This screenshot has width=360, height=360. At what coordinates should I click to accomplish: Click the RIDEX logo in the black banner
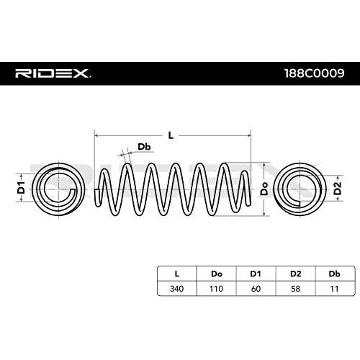click(53, 73)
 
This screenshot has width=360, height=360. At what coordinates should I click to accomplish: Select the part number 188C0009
click(315, 73)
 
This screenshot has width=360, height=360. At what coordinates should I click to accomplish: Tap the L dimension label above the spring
click(171, 136)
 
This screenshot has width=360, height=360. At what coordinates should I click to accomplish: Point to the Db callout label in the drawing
click(144, 147)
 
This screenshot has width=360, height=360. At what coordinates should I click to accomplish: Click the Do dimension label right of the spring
click(264, 189)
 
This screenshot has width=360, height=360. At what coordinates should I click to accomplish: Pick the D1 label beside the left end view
click(22, 188)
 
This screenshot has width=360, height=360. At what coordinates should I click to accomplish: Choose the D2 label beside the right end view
click(338, 188)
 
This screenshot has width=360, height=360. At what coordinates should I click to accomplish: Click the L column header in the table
click(177, 274)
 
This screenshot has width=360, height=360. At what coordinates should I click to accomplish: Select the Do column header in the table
click(217, 274)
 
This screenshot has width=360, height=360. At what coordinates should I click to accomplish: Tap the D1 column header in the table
click(256, 274)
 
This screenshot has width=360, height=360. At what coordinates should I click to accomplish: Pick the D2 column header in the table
click(295, 274)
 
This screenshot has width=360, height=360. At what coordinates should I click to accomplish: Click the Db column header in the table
click(335, 274)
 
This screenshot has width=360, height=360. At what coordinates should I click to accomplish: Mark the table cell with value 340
click(177, 289)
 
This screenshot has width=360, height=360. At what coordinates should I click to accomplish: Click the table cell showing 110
click(217, 289)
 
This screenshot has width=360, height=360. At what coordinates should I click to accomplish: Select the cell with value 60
click(256, 289)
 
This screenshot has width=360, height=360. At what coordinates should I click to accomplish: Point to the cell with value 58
click(295, 289)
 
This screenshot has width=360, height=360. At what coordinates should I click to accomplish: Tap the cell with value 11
click(335, 289)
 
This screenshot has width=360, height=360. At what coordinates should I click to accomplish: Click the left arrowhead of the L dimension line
click(96, 136)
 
